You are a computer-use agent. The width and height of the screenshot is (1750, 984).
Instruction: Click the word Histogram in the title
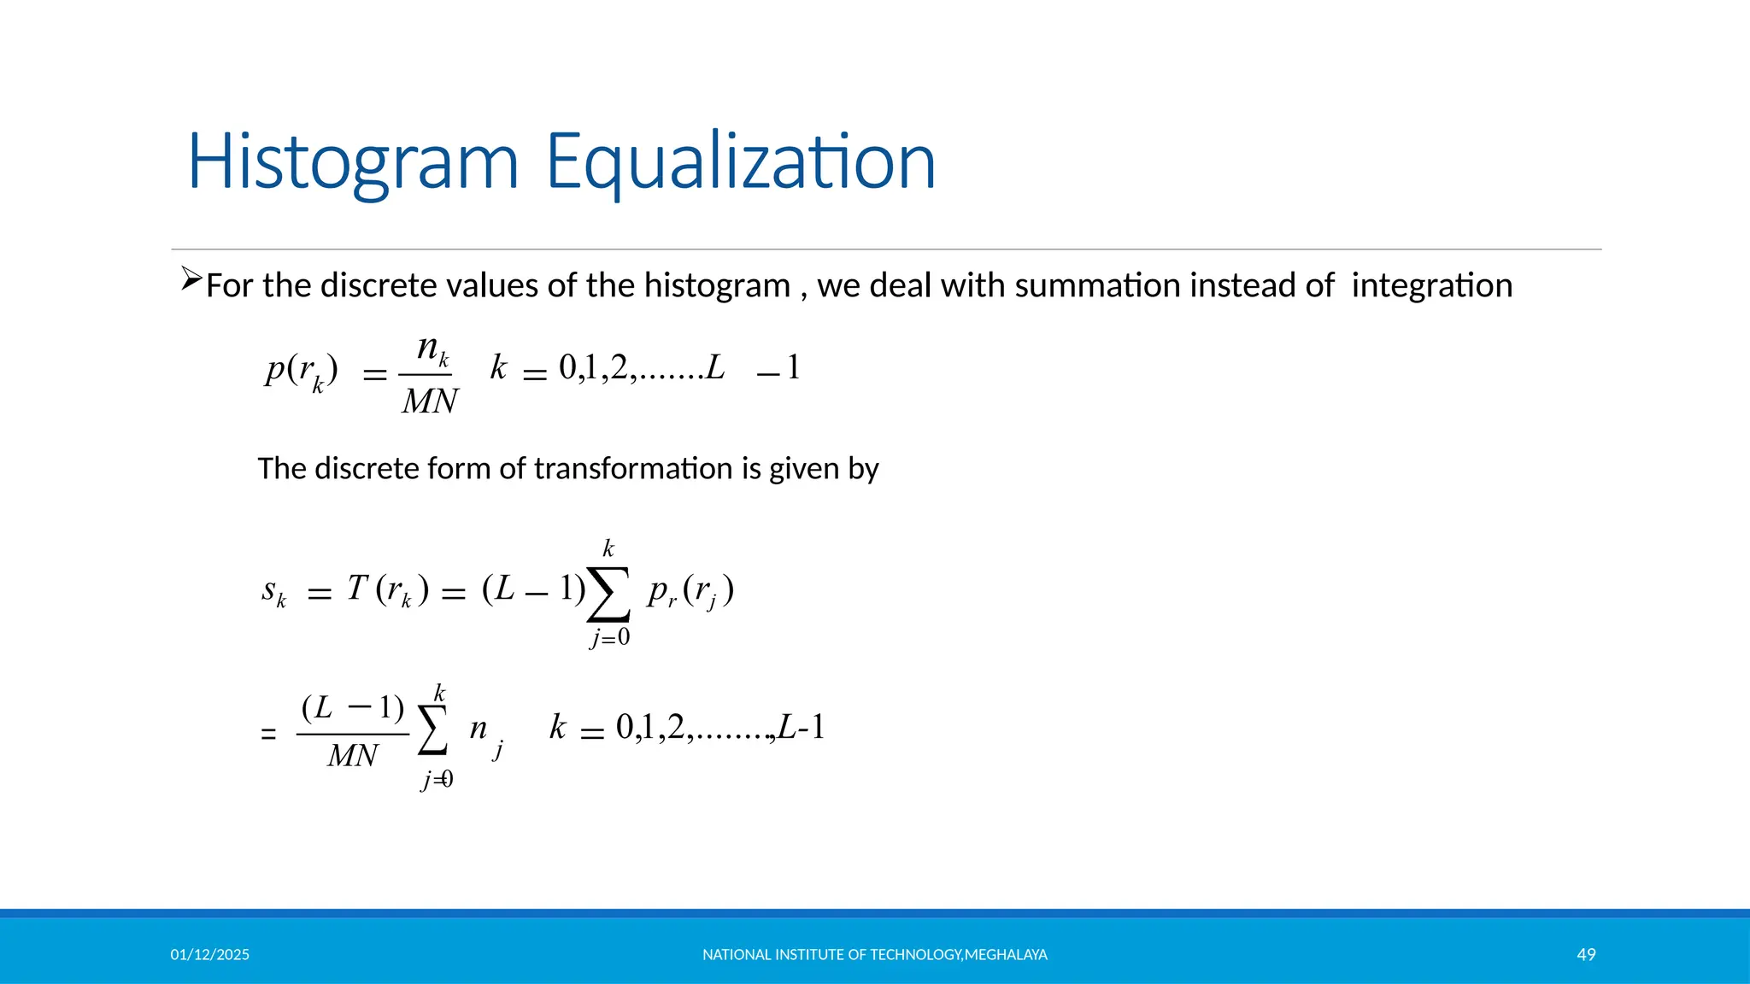[x=353, y=162]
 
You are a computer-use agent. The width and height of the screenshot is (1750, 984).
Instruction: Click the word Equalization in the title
[x=740, y=162]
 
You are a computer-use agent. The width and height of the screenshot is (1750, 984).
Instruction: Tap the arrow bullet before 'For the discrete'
[x=191, y=279]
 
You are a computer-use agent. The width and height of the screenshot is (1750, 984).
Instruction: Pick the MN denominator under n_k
[x=430, y=401]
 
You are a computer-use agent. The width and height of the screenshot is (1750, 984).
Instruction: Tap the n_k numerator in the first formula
[x=432, y=349]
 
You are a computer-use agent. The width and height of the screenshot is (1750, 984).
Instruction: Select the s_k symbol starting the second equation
[x=273, y=591]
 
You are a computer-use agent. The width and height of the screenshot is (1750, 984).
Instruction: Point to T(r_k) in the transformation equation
[x=387, y=589]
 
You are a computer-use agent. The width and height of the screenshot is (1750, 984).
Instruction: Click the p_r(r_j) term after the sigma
[x=690, y=591]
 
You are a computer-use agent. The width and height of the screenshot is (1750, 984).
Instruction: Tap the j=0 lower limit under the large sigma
[x=609, y=637]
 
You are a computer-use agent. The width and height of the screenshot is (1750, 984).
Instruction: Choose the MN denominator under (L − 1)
[x=352, y=756]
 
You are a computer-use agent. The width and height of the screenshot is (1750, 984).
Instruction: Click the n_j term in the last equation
[x=484, y=733]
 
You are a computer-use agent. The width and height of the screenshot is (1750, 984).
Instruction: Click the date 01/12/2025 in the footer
[x=209, y=955]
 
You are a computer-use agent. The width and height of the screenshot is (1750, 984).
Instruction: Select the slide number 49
[x=1586, y=955]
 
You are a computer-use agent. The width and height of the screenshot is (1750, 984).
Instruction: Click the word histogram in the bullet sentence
[x=717, y=285]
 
